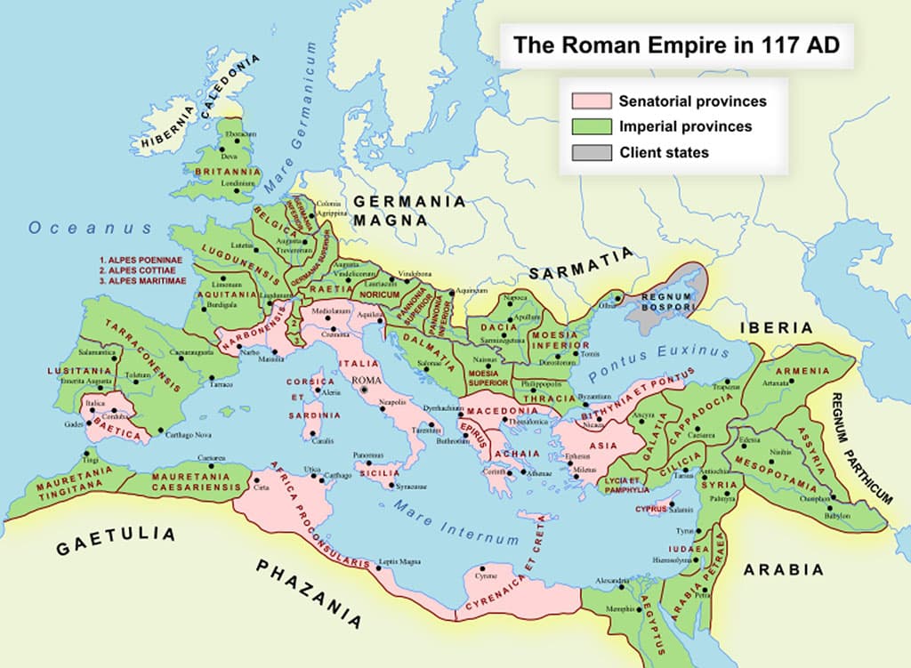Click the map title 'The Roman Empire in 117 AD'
[676, 45]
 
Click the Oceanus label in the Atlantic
[92, 228]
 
